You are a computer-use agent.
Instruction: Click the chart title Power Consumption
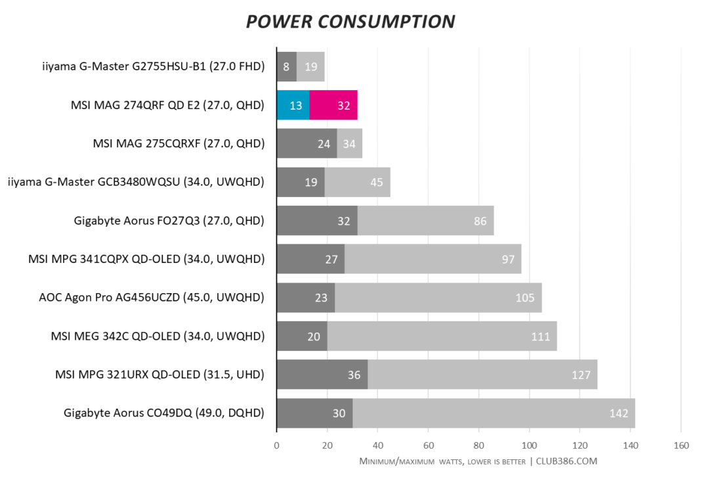[350, 21]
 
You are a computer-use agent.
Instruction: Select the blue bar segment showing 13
[293, 105]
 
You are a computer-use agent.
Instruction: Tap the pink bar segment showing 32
[333, 105]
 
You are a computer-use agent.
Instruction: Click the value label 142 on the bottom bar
[618, 413]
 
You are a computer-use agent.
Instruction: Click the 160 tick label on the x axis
[681, 446]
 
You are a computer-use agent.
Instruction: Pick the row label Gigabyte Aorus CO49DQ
[163, 413]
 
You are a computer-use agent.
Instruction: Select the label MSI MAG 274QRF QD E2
[167, 105]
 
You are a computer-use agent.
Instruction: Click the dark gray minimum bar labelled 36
[322, 375]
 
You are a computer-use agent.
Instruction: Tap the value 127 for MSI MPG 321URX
[581, 375]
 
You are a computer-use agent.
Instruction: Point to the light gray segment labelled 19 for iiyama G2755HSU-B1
[311, 66]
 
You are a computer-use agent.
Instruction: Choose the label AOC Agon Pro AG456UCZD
[152, 298]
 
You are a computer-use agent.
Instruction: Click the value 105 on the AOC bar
[525, 298]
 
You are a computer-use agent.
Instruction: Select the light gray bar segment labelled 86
[425, 221]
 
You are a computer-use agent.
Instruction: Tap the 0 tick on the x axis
[276, 446]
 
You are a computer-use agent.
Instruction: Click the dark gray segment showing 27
[310, 259]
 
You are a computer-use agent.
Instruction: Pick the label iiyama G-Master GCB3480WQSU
[136, 182]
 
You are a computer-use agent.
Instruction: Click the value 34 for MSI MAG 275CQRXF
[350, 143]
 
